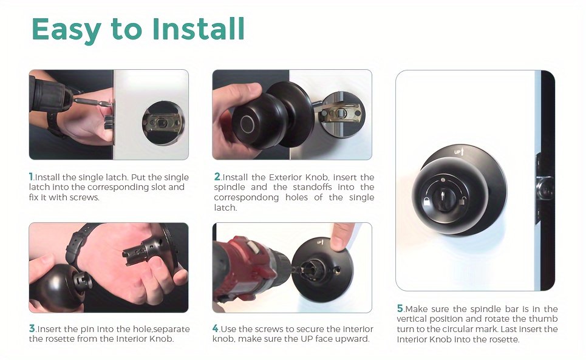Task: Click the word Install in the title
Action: pos(199,29)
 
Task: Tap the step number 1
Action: pos(31,176)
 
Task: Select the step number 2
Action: pos(217,176)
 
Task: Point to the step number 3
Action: pos(32,328)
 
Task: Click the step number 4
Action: pos(216,328)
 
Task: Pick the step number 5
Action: pos(400,308)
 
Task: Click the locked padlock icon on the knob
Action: pos(426,202)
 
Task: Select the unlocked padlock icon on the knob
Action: pos(462,201)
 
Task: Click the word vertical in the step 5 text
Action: pos(412,319)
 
